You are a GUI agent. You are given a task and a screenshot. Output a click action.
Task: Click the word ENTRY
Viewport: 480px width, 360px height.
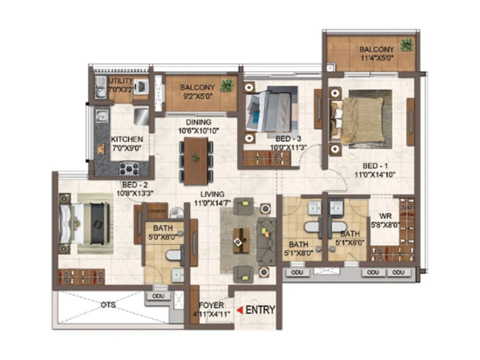click(260, 310)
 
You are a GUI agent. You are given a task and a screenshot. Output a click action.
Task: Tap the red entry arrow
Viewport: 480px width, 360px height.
click(240, 310)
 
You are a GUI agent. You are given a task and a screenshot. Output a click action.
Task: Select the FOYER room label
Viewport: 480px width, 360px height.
click(211, 305)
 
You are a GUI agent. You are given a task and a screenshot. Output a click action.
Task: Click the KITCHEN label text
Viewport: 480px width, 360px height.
click(127, 139)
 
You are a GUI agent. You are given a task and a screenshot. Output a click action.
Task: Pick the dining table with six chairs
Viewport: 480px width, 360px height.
click(196, 161)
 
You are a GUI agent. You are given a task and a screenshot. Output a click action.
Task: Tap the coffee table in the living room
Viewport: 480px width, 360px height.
click(241, 240)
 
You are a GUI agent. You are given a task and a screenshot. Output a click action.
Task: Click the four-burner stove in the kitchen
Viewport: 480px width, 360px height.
click(129, 168)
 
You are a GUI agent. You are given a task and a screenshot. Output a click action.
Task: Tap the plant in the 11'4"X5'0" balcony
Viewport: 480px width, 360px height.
click(407, 44)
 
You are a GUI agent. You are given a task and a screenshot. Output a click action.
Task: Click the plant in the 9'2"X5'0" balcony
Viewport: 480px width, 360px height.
click(226, 86)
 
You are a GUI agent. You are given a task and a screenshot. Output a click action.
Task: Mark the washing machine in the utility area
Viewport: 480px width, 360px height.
click(141, 87)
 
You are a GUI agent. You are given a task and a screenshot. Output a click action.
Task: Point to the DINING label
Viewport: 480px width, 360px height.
click(199, 122)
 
